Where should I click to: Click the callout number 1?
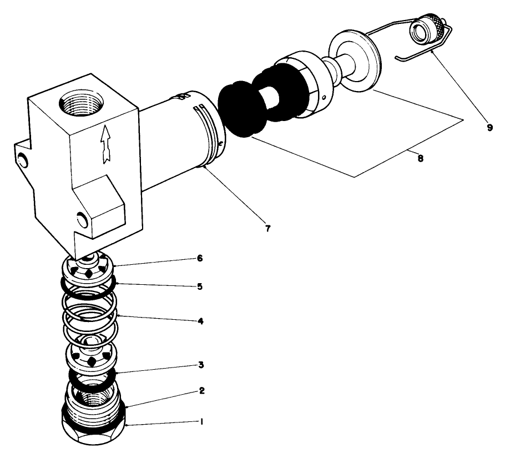(202, 422)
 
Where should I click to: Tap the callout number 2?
(202, 391)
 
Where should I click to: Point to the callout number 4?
(200, 321)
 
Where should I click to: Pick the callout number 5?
(200, 286)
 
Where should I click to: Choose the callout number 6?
(200, 259)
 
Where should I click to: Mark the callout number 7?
(267, 229)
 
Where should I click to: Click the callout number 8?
(420, 158)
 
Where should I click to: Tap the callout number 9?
(489, 127)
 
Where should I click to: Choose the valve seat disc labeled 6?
(89, 268)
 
